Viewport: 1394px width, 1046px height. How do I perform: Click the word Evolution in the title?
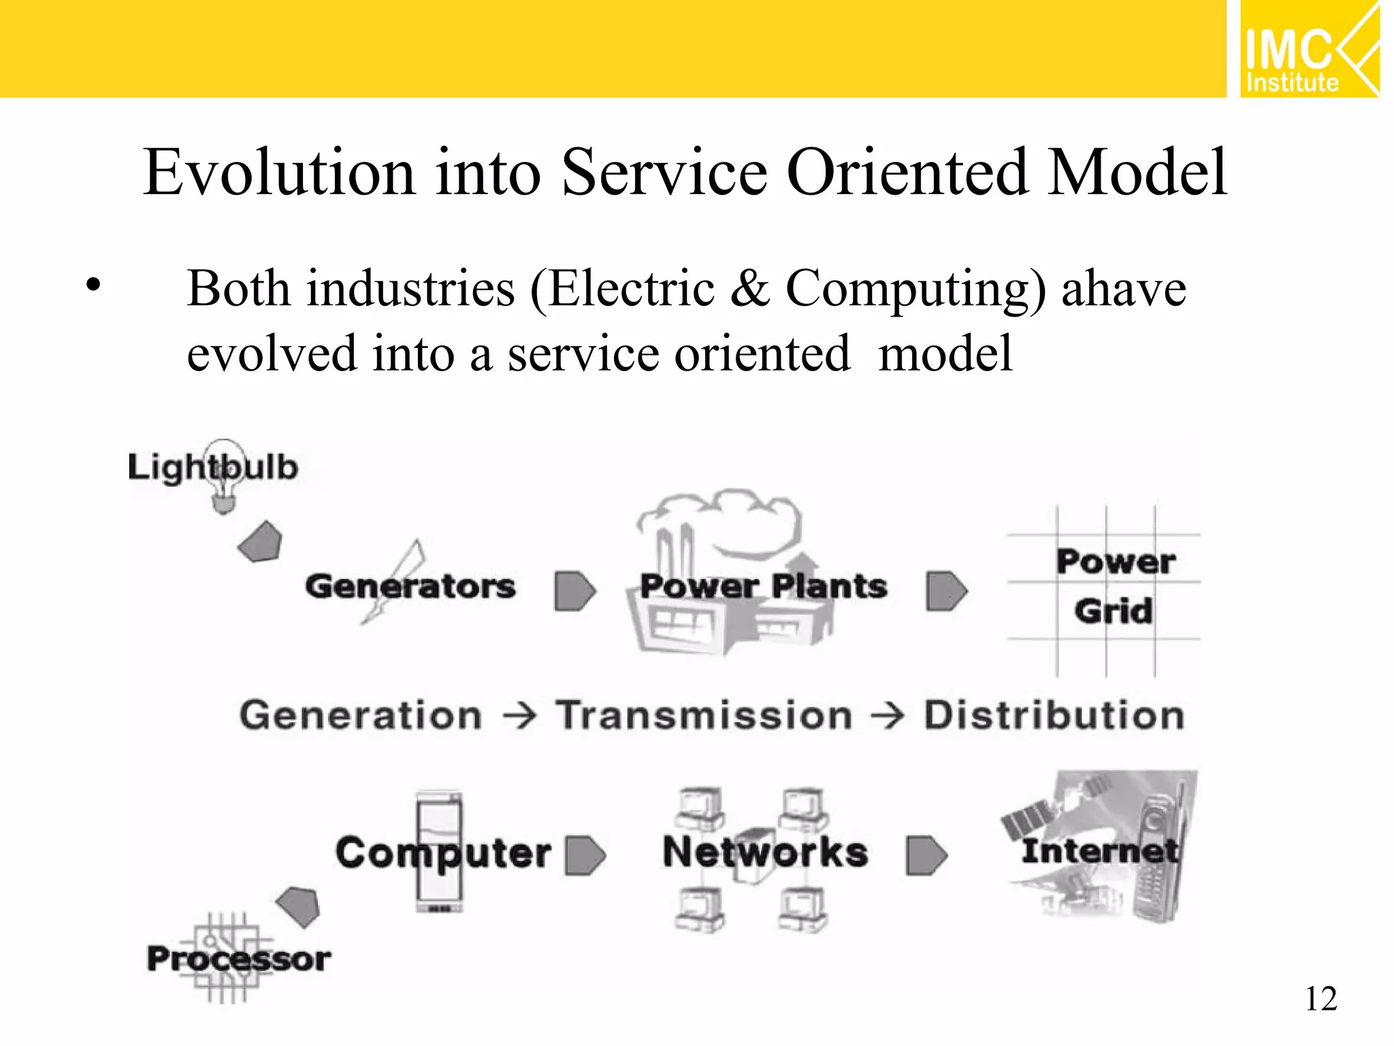[279, 172]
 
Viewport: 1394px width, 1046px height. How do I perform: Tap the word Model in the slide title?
[1137, 172]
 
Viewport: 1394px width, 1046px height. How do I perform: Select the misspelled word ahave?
[1123, 289]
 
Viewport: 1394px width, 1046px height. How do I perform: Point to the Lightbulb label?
[213, 468]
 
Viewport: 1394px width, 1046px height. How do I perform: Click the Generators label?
[410, 586]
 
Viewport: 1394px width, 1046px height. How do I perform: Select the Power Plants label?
[763, 586]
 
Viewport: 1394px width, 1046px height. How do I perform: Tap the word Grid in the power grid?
[1114, 611]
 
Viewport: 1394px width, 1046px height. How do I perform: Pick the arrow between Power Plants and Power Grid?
[946, 590]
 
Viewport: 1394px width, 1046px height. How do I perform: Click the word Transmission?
[704, 716]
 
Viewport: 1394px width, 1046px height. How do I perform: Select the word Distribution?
[1054, 716]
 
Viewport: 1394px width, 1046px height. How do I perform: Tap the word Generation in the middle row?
[361, 716]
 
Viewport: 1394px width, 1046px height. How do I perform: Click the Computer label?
[443, 853]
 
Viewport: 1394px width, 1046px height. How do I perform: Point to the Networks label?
[765, 852]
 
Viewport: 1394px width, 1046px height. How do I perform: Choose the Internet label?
[1099, 851]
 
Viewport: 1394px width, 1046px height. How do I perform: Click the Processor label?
[239, 959]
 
